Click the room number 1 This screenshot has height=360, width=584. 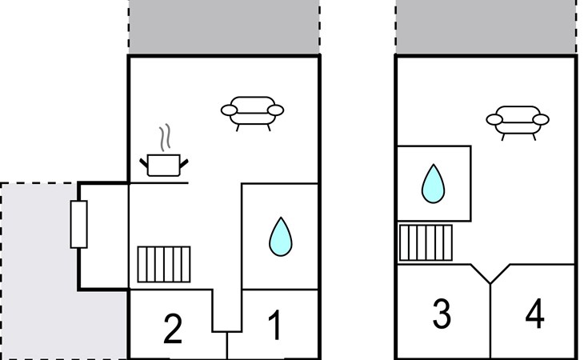[x=274, y=327]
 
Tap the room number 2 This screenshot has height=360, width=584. [x=173, y=329]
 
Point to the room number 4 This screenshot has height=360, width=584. [x=535, y=314]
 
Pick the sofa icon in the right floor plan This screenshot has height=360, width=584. [x=518, y=121]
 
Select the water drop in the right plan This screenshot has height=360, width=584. [x=433, y=184]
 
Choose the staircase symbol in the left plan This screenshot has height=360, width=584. [x=163, y=264]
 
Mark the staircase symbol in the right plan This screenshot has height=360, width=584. [x=426, y=242]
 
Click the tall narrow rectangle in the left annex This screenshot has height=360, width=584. [x=78, y=224]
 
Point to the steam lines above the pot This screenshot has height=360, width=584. [x=165, y=138]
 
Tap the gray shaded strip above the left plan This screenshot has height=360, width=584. [x=224, y=28]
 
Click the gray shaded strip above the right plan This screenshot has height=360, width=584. [x=486, y=28]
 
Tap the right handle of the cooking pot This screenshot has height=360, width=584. [x=186, y=163]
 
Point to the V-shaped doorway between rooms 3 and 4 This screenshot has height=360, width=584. [x=490, y=274]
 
